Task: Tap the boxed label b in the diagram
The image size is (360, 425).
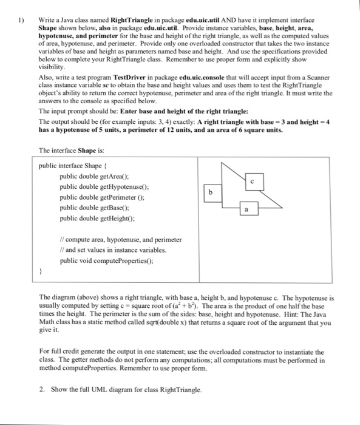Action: (211, 192)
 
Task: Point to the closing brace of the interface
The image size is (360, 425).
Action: (40, 272)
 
